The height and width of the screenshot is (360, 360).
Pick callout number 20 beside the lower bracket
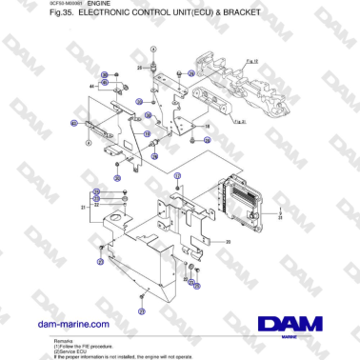pyautogui.click(x=229, y=242)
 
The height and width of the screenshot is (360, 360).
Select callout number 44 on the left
pyautogui.click(x=91, y=86)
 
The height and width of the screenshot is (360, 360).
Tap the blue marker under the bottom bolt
pyautogui.click(x=140, y=311)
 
